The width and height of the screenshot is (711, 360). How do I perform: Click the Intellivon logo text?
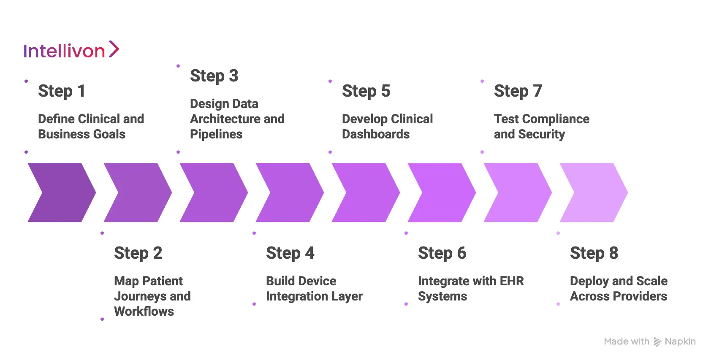click(64, 51)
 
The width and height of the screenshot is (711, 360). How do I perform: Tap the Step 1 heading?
click(62, 91)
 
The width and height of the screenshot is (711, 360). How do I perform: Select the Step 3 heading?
click(214, 76)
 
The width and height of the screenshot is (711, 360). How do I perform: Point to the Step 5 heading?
click(366, 91)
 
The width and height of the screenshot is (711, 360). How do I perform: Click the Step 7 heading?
click(518, 91)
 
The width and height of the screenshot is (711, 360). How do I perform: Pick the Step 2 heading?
click(138, 253)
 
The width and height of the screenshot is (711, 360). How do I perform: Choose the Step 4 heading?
click(290, 253)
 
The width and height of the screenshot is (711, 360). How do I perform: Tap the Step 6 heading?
click(442, 253)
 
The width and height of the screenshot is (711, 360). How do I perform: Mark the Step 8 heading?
click(594, 253)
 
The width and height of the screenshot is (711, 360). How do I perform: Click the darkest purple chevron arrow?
click(62, 192)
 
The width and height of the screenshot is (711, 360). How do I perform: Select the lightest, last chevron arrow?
click(594, 192)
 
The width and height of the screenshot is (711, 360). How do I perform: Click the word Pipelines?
click(216, 134)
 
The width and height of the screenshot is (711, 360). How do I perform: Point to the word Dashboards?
click(376, 134)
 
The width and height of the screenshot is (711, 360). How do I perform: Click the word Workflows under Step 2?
click(144, 311)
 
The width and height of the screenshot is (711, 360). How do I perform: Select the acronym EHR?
click(512, 281)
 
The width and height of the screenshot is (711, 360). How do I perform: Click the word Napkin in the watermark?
click(680, 341)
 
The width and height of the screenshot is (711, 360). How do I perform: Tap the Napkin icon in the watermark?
click(657, 342)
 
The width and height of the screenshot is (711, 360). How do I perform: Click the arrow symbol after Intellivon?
click(114, 49)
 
